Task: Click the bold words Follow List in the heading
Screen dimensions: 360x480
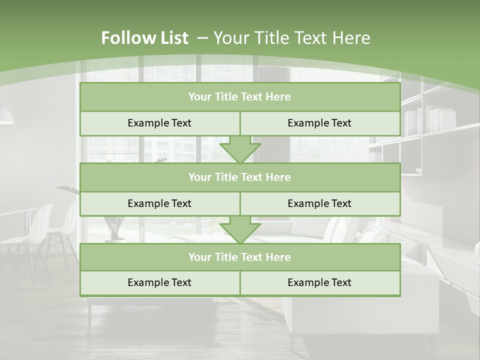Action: tap(144, 38)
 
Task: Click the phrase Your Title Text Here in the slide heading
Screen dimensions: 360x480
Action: tap(291, 38)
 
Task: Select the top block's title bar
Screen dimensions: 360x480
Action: tap(239, 97)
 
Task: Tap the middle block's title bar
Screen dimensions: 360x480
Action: tap(239, 177)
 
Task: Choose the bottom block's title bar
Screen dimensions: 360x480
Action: tap(239, 257)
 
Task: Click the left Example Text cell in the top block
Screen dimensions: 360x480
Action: tap(159, 123)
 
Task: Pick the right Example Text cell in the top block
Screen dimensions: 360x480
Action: tap(319, 123)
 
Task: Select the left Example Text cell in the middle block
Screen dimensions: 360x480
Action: tap(159, 203)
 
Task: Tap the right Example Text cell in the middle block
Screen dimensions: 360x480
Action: tap(319, 203)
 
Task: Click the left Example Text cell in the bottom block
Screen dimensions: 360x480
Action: tap(159, 282)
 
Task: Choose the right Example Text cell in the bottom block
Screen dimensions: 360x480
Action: tap(319, 282)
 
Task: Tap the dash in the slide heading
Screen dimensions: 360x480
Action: tap(202, 38)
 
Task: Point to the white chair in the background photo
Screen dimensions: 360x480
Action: tap(40, 230)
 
